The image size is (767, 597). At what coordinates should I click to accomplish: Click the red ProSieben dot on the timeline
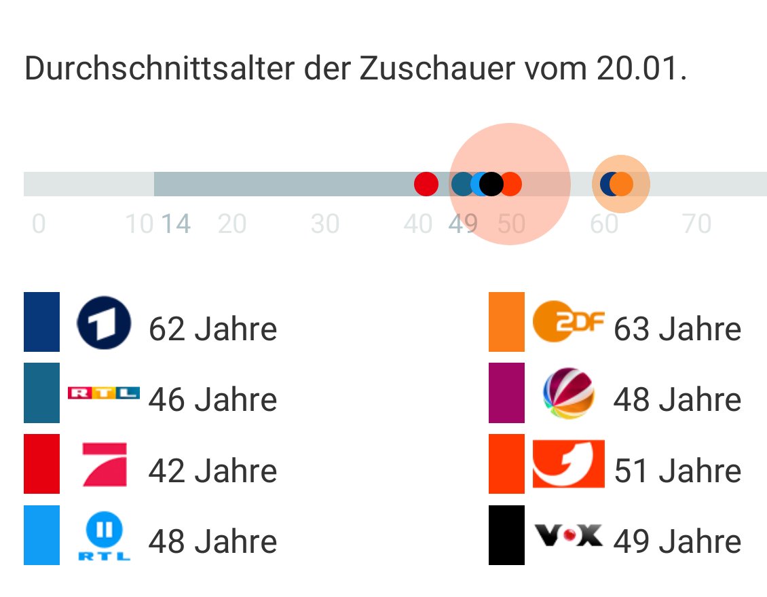[x=426, y=184]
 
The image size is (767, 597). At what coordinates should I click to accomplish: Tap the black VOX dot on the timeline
[x=491, y=184]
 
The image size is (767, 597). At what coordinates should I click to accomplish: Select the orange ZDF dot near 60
[x=622, y=184]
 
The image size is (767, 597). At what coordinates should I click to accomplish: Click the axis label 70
[x=696, y=223]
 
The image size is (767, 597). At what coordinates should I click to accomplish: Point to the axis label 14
[x=176, y=223]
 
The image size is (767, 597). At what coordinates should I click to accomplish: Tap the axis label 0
[x=39, y=223]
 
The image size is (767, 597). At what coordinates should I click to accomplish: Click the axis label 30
[x=324, y=223]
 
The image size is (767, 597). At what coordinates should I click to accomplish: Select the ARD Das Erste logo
[x=104, y=323]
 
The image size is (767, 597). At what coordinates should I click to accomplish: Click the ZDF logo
[x=568, y=322]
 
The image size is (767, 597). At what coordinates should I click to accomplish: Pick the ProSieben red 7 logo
[x=104, y=465]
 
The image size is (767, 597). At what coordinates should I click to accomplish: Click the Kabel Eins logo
[x=568, y=465]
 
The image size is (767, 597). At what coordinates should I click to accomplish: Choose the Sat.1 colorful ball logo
[x=568, y=394]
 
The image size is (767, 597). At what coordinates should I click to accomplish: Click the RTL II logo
[x=104, y=537]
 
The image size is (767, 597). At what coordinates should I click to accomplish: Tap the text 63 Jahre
[x=677, y=330]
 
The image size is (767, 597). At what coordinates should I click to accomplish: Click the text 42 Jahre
[x=212, y=471]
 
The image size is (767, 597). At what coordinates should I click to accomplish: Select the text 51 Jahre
[x=677, y=471]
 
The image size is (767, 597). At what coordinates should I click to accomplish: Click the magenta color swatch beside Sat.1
[x=506, y=393]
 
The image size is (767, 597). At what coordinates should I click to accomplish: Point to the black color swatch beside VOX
[x=506, y=535]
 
